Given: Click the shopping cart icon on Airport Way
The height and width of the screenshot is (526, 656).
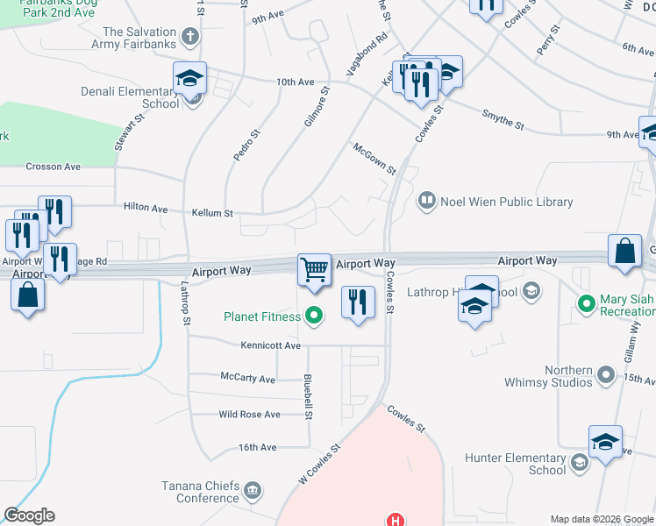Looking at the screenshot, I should [314, 269].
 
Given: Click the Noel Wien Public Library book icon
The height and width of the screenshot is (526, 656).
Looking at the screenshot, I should [426, 202].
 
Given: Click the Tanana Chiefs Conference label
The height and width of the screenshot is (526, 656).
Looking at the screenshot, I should [201, 492].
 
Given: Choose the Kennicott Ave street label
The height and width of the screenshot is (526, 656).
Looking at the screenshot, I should [269, 345].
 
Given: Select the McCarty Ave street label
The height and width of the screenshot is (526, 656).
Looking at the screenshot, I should [247, 380].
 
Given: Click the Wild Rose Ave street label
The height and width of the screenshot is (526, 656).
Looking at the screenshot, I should [249, 414].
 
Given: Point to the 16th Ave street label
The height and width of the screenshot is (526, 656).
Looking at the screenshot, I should [257, 447].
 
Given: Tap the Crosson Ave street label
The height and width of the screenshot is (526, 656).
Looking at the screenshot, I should [53, 167].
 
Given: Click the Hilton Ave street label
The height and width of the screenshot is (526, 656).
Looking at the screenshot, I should [146, 209].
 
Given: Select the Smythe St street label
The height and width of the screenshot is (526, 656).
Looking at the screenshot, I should [503, 120].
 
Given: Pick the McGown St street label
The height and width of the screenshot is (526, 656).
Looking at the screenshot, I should [374, 159].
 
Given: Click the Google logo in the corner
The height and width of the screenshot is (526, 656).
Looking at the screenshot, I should [29, 515].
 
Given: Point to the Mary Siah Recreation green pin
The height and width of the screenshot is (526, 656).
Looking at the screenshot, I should [587, 304].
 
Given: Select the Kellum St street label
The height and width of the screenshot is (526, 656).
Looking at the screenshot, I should [212, 213].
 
